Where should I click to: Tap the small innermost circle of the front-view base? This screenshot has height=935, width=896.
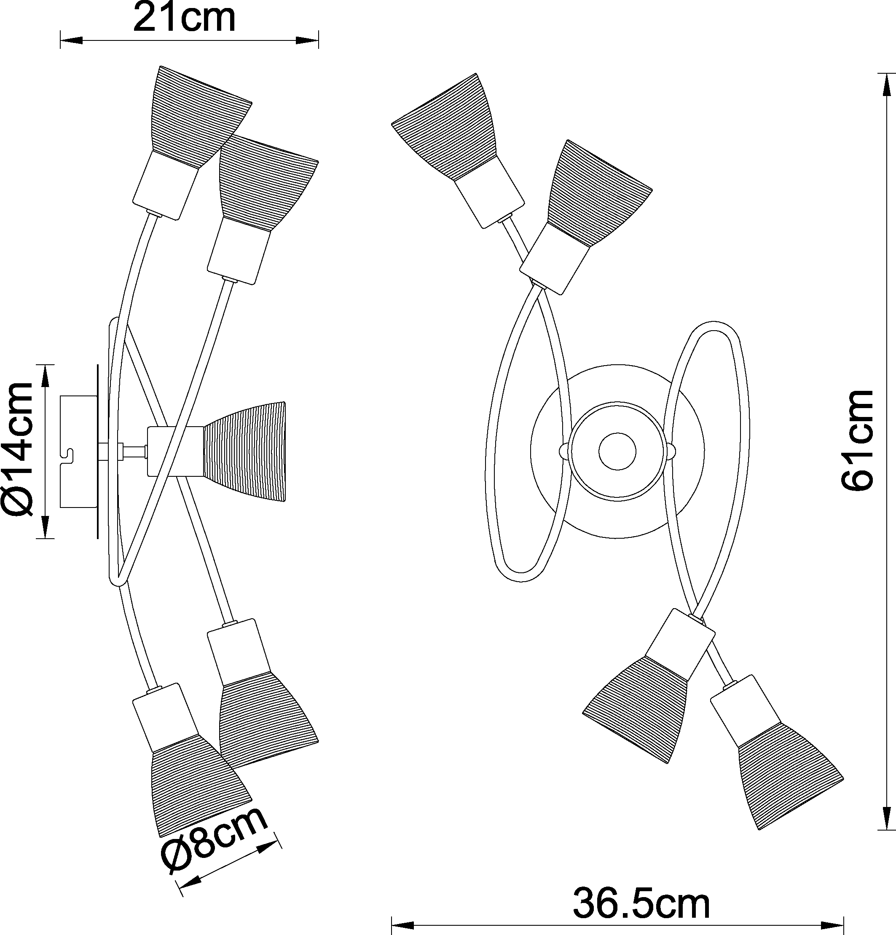(x=618, y=451)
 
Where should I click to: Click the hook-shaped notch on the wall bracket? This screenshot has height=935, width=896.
(x=68, y=456)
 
